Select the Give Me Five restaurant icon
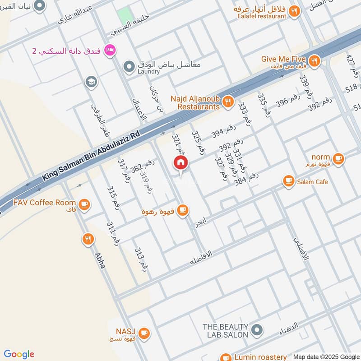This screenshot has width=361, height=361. (314, 60)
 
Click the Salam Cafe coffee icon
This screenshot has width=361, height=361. (288, 181)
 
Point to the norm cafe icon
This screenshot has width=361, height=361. (338, 158)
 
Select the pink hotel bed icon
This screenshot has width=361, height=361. (108, 51)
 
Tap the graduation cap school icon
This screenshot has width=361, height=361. (91, 82)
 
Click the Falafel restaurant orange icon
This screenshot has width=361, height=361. (294, 11)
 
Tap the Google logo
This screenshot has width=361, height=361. (19, 354)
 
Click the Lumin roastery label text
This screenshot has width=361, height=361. (260, 357)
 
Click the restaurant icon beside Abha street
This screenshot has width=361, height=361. (88, 239)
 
